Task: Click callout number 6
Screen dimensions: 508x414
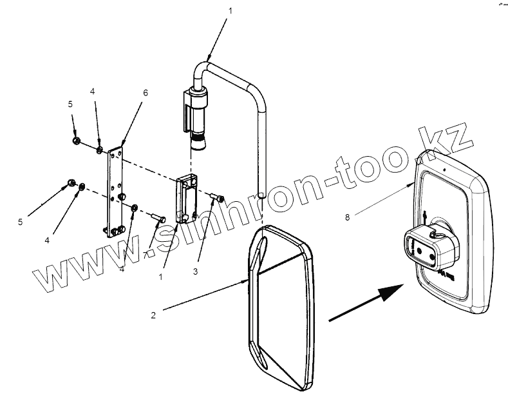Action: [146, 93]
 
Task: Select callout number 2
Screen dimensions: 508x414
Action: [153, 315]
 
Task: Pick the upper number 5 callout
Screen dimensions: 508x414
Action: [71, 103]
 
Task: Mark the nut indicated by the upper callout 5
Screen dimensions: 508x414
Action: [77, 141]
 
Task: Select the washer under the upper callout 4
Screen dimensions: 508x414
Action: [100, 150]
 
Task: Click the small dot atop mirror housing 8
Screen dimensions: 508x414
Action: [445, 171]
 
